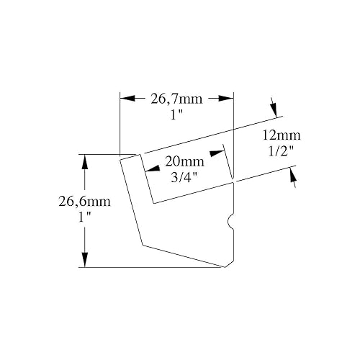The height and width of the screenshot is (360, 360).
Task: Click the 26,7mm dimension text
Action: tap(176, 99)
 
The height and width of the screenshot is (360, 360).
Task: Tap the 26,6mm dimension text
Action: tap(85, 202)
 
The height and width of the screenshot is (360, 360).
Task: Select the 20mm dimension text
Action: tap(184, 162)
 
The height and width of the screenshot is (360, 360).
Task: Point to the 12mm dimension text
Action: tap(281, 135)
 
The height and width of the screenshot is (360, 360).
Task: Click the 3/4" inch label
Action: tap(184, 177)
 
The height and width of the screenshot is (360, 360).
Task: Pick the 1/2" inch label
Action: tap(281, 151)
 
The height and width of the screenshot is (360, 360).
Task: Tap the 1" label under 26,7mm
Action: tap(176, 115)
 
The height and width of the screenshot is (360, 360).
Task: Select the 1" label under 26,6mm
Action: tap(84, 217)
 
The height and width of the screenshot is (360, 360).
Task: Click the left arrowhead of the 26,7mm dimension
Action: tap(127, 98)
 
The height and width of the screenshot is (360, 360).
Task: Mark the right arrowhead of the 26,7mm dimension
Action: tap(226, 98)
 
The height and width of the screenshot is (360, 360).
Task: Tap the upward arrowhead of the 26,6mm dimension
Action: tap(84, 162)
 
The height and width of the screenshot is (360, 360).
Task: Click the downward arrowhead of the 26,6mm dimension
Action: tap(84, 260)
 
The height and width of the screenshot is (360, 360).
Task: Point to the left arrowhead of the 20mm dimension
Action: tap(153, 168)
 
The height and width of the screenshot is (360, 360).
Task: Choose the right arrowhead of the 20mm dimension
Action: tap(217, 153)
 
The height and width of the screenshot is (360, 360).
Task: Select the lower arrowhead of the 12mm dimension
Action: tap(292, 176)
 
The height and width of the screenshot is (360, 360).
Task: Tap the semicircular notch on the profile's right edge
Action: tap(230, 222)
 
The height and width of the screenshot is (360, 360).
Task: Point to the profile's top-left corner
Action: tap(120, 160)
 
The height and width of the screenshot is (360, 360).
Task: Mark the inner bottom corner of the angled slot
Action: tap(153, 204)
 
